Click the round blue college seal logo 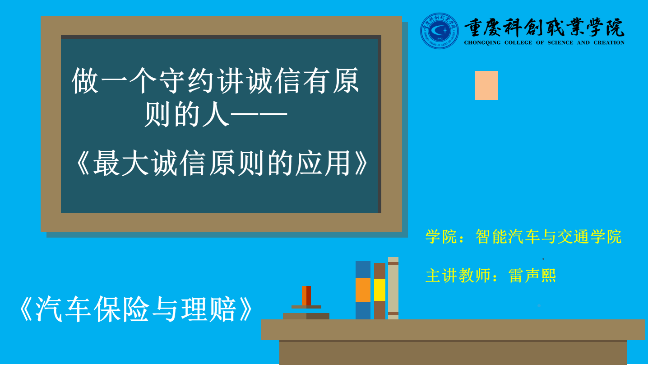click(439, 31)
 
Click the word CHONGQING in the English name click(482, 42)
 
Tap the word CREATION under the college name click(609, 42)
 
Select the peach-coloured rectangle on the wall click(486, 85)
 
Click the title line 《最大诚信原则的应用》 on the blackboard click(222, 163)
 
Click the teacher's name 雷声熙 click(532, 275)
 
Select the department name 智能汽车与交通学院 click(548, 237)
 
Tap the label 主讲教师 click(458, 275)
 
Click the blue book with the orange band click(363, 290)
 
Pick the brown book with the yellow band click(380, 291)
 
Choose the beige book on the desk click(393, 288)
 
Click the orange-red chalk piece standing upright click(306, 295)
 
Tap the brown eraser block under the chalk click(306, 316)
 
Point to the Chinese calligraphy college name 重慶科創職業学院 click(544, 27)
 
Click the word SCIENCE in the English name click(560, 42)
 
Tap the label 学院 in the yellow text click(440, 237)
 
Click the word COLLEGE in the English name click(518, 42)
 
